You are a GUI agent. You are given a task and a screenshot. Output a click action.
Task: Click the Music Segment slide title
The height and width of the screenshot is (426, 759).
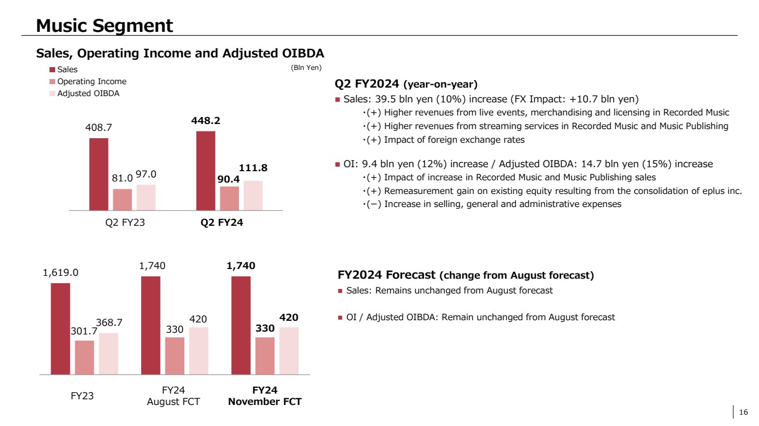pos(104,26)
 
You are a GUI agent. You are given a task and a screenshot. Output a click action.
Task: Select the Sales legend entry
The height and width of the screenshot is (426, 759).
pos(67,70)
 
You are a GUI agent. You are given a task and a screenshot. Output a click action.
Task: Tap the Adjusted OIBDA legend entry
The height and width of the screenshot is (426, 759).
pos(88,93)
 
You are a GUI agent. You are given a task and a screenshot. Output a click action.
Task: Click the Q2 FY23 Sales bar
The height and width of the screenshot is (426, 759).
pos(98,174)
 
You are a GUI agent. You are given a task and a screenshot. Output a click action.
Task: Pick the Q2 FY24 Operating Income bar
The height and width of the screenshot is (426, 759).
pos(229,198)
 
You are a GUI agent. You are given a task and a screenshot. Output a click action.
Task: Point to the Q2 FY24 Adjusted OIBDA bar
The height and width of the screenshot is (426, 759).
pos(253,195)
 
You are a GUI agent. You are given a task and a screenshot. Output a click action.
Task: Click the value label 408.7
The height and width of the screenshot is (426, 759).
pos(98,129)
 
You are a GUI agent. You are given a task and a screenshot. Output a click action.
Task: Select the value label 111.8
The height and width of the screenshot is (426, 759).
pos(253,168)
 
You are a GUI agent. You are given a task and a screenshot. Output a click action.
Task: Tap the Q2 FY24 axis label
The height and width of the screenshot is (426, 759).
pos(222,224)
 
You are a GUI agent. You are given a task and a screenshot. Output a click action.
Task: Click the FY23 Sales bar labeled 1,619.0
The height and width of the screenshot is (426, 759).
pos(60,329)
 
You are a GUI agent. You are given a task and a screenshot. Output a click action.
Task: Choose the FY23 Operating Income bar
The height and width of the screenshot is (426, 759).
pos(84,357)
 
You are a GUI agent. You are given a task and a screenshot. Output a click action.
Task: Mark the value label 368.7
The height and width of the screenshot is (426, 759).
pos(108,323)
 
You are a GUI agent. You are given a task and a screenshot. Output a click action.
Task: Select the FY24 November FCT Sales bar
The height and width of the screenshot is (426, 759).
pos(241,325)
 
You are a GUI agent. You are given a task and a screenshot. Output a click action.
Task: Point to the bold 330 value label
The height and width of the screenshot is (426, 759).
pos(265,328)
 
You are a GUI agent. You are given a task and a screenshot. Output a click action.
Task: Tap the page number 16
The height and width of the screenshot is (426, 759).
pos(743,412)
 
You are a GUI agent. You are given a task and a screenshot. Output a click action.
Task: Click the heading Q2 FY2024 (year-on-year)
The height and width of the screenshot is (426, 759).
pos(406,84)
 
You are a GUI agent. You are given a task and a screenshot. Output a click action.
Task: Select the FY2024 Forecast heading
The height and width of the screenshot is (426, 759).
pos(465,275)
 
